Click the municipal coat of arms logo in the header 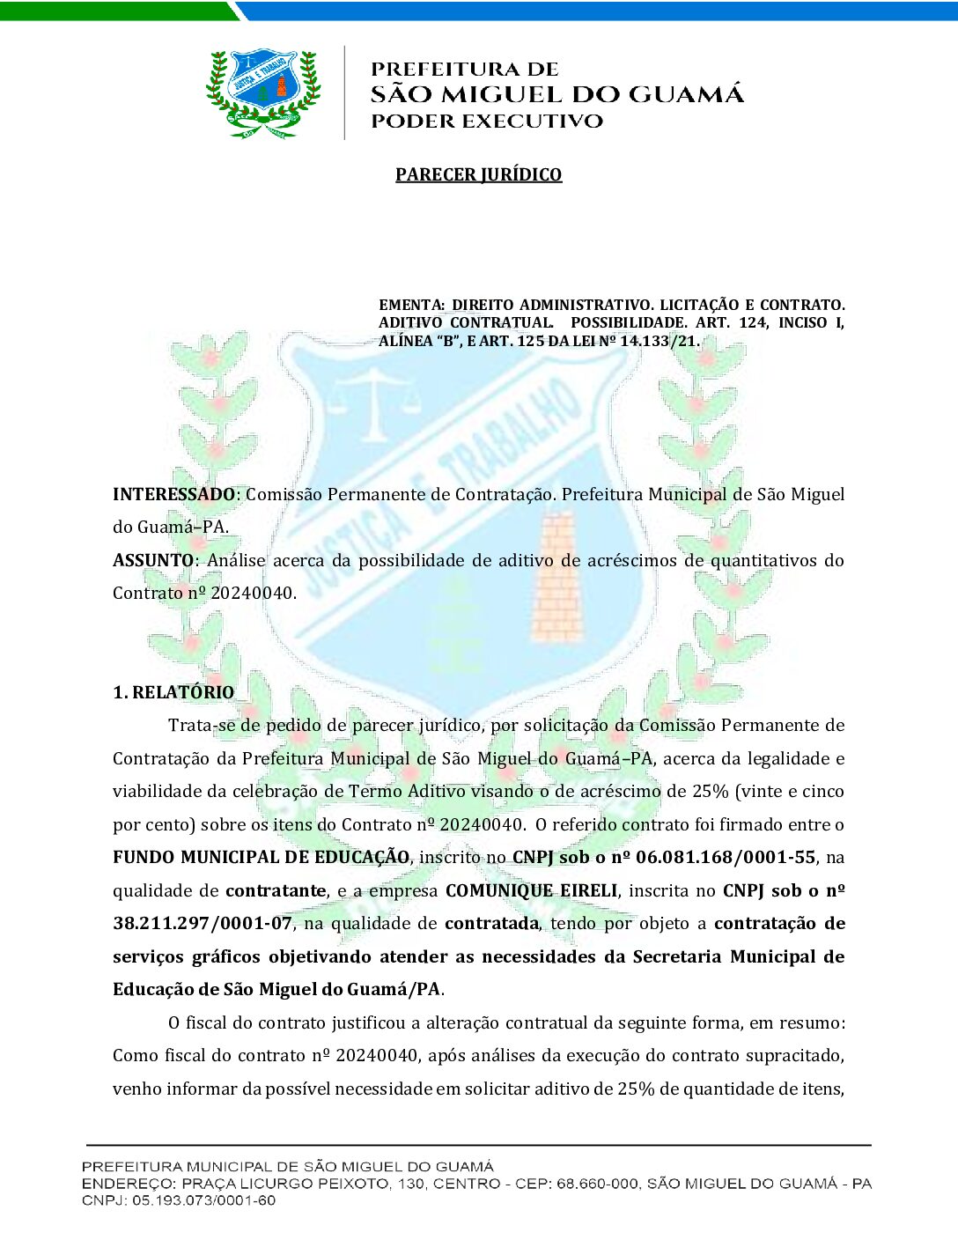click(x=262, y=93)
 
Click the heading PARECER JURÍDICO click(x=478, y=174)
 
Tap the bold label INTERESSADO click(x=173, y=494)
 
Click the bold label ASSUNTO click(x=153, y=560)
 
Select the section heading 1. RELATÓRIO click(x=173, y=692)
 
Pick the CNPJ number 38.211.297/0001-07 click(x=203, y=923)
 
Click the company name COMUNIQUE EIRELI click(x=531, y=890)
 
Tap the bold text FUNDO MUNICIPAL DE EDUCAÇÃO click(x=261, y=857)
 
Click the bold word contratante click(x=276, y=890)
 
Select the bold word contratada click(x=491, y=923)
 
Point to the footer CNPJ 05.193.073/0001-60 click(x=203, y=1200)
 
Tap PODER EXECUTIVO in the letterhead click(x=487, y=122)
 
